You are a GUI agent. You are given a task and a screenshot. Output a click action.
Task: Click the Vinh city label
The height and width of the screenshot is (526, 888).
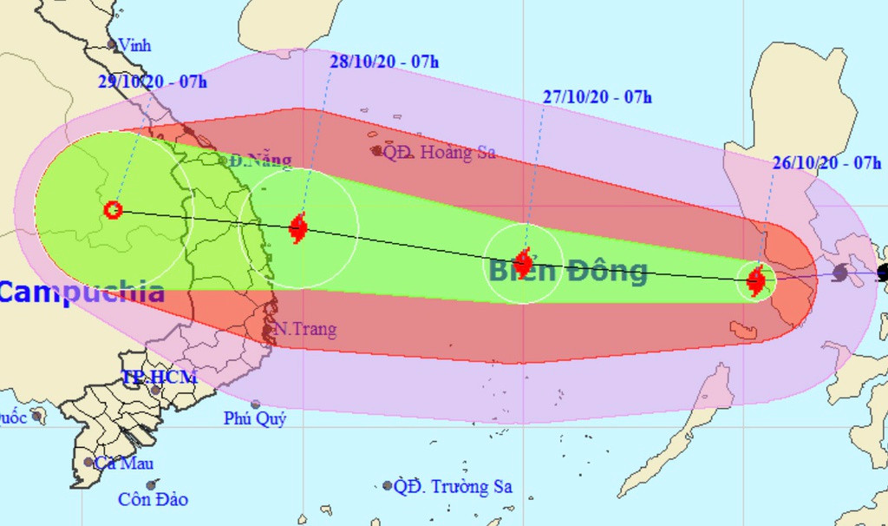point(134,44)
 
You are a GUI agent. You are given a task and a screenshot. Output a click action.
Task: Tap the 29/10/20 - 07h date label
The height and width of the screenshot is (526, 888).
point(153,82)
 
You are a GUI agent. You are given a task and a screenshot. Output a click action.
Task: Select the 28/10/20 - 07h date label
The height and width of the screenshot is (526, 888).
point(384,61)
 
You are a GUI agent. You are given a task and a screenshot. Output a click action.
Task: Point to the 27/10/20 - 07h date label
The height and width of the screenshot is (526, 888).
point(597,97)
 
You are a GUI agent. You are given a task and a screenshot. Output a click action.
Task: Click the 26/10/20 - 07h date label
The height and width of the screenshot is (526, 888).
point(826,161)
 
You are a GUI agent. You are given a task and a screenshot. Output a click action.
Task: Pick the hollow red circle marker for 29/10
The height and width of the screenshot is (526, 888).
point(113,209)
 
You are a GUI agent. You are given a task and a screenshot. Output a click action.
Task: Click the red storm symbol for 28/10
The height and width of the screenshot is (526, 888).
point(298,228)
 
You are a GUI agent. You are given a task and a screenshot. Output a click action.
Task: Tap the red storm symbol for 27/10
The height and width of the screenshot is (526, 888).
point(523,261)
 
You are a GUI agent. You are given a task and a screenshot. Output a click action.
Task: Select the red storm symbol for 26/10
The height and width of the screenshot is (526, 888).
point(756,280)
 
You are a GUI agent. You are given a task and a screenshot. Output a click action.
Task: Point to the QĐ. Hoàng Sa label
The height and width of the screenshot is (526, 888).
point(440,153)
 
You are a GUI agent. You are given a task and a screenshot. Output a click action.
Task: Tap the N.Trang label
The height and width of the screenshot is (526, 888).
point(304,330)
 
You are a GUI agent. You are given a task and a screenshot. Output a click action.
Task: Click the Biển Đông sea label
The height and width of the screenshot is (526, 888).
point(568,271)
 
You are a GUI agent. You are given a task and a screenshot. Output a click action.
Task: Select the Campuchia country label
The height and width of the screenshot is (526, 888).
point(82,292)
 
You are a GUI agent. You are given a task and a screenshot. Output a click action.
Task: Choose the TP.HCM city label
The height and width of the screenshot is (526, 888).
point(159,377)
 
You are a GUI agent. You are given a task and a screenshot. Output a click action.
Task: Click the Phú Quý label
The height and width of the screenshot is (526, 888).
point(255,418)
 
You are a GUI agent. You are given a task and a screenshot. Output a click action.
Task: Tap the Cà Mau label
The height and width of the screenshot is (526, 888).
point(124,463)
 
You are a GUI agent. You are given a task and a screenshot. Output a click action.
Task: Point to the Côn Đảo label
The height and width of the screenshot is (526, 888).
point(153,499)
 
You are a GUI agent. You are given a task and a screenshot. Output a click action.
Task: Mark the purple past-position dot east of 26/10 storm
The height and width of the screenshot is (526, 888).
point(839,273)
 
